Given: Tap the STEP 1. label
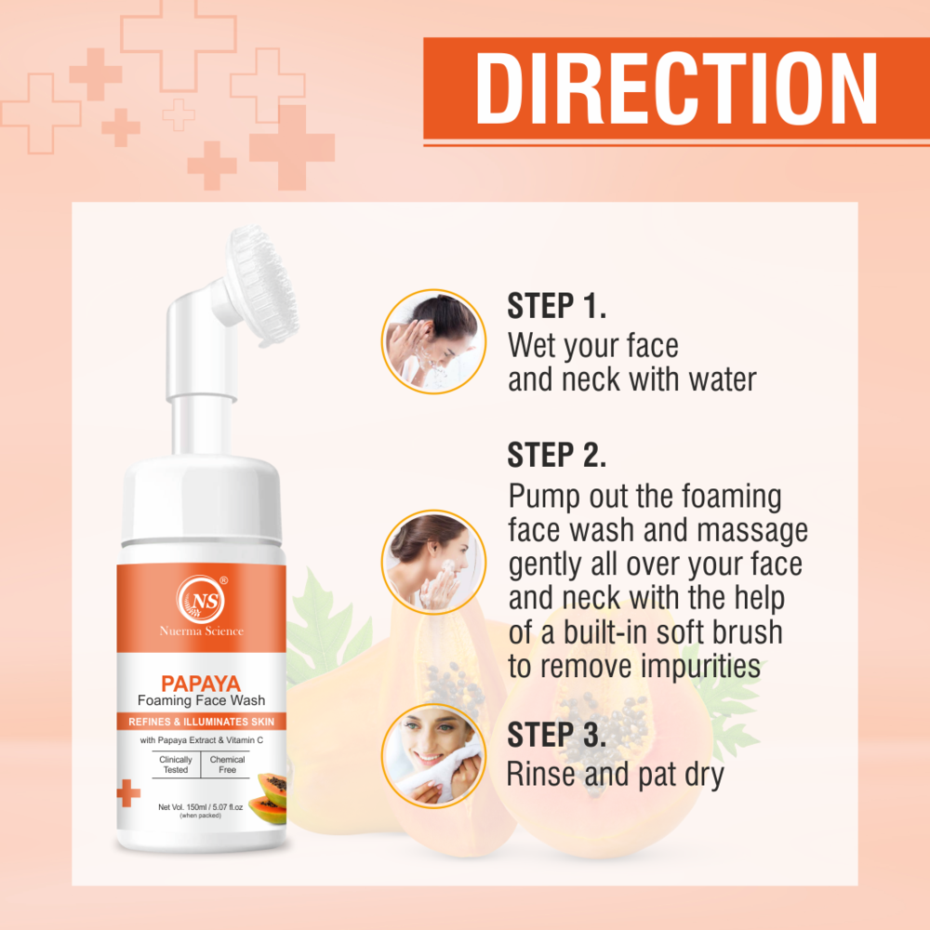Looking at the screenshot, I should [556, 306].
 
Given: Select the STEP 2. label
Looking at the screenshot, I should [557, 455].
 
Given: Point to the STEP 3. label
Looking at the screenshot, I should [557, 734].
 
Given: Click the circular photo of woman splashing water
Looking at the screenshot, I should [433, 339].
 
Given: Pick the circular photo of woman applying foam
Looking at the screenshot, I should [433, 561].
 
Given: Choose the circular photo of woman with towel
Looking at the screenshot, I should [433, 755].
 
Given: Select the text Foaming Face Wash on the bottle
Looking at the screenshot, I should [201, 701].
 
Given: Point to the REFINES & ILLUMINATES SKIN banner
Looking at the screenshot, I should [201, 722].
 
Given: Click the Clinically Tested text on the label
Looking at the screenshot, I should [176, 765].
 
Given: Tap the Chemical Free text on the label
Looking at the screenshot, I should [227, 765].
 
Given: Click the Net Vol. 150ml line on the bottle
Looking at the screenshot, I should [201, 806].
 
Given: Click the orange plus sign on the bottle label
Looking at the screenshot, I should [128, 793].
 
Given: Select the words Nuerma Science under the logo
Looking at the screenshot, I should [201, 631].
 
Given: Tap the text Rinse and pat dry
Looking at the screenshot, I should [615, 774].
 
